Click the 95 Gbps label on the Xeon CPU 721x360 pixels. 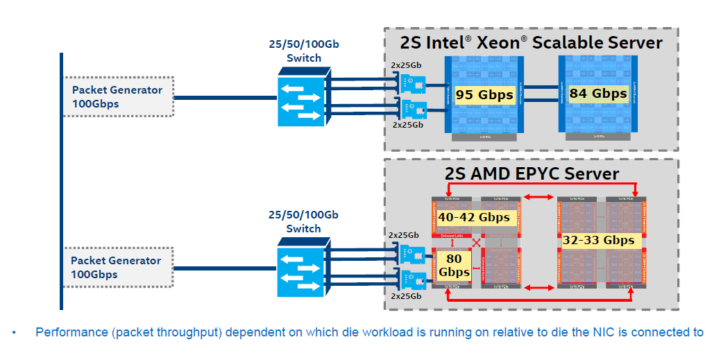tap(484, 95)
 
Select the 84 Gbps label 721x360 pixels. tap(597, 93)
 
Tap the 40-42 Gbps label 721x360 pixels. tap(474, 217)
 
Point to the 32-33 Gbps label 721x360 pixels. tap(599, 240)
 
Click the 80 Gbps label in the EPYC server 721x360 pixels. tap(453, 264)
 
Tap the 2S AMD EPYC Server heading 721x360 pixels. tap(532, 173)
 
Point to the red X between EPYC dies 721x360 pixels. tap(476, 243)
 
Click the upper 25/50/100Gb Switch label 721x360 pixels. tap(304, 51)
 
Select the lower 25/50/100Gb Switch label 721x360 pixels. tap(304, 221)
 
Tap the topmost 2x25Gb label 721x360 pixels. tap(406, 65)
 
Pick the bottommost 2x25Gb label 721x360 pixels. tap(406, 296)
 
